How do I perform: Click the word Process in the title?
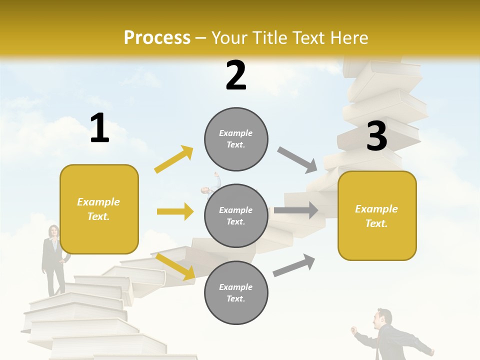click(157, 38)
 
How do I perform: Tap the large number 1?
click(99, 128)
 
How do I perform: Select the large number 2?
click(236, 75)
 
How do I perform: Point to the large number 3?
click(376, 136)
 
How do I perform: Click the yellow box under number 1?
click(99, 209)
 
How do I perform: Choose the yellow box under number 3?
click(376, 215)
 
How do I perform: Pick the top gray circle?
click(236, 139)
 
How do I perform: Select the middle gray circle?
click(236, 215)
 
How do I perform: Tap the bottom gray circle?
click(236, 292)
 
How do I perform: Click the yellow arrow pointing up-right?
click(174, 159)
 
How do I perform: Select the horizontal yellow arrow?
click(175, 211)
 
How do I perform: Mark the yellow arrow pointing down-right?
click(175, 266)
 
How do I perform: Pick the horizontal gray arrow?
click(296, 210)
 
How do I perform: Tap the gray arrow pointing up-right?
click(294, 265)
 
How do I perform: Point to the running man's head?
click(384, 318)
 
